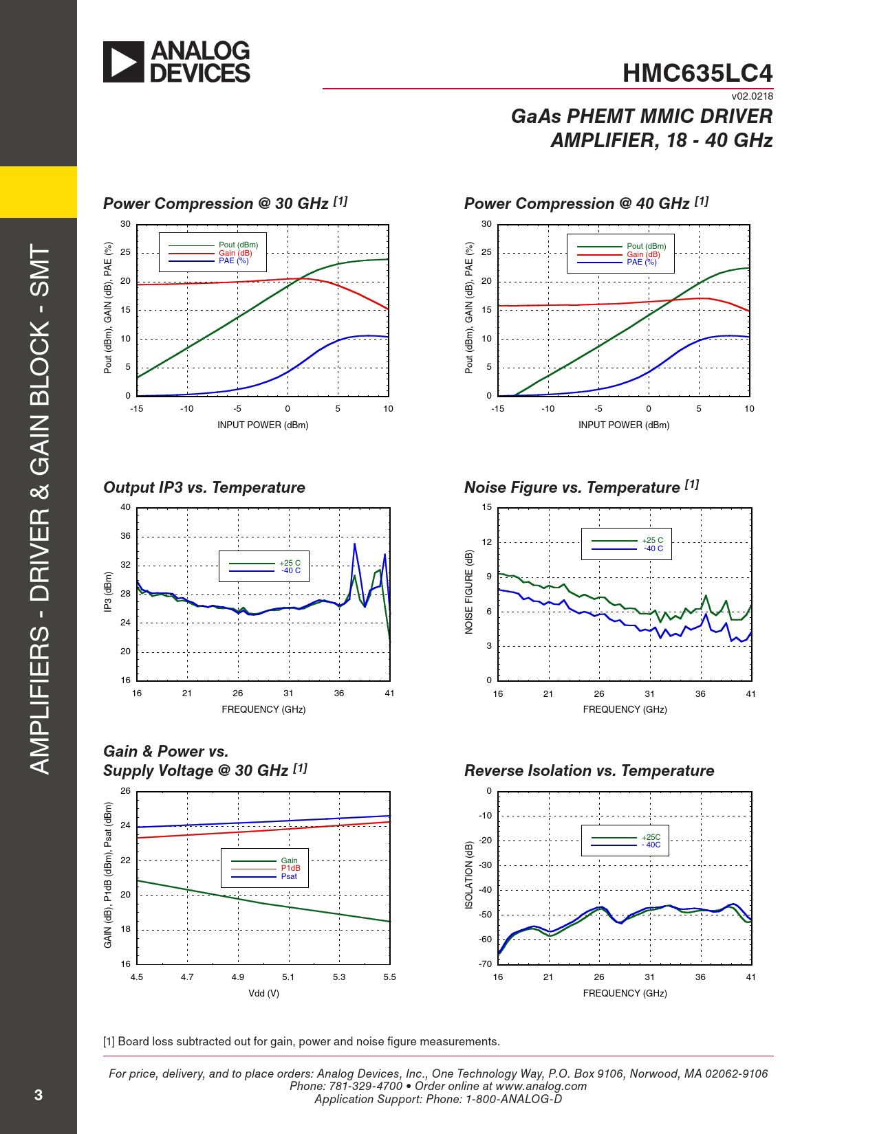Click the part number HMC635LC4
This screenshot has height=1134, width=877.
(697, 74)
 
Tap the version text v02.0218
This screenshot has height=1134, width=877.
(752, 96)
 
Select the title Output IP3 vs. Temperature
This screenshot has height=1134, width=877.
(204, 487)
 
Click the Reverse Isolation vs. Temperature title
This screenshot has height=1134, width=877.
(589, 770)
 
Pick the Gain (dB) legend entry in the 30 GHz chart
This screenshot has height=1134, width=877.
(235, 253)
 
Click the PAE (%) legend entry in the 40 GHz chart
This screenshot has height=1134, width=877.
(641, 262)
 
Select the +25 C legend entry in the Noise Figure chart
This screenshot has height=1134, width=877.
(652, 540)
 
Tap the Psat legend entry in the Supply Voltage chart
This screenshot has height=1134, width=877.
(289, 876)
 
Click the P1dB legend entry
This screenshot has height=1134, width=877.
(290, 868)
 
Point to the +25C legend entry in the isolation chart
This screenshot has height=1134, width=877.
(651, 837)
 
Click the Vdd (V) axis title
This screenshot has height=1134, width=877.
(263, 993)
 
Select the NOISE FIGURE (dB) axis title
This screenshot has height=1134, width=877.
(469, 592)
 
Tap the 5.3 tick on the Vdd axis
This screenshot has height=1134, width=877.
(339, 977)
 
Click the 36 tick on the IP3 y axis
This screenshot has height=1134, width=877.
(125, 536)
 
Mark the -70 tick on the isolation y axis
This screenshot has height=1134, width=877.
(485, 964)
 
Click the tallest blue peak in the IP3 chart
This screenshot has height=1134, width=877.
(355, 544)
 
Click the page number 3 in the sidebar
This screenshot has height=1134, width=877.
(39, 1095)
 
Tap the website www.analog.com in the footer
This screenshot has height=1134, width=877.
(541, 1086)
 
